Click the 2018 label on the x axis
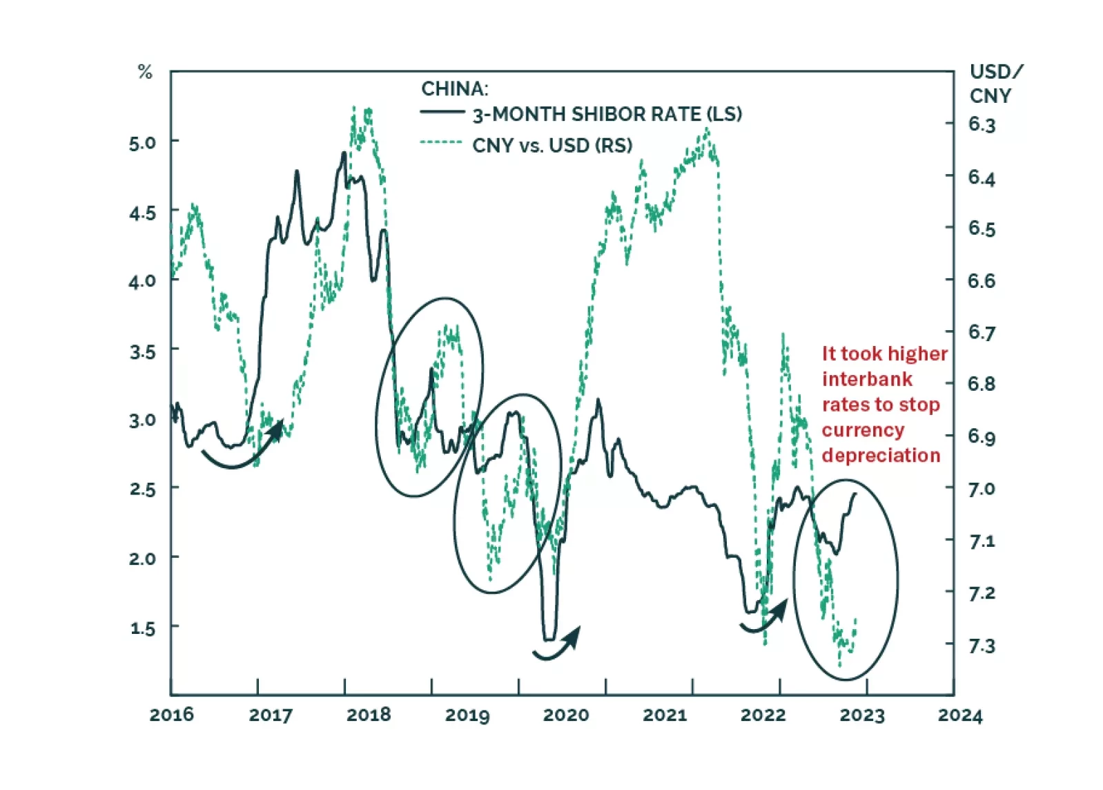click(x=369, y=715)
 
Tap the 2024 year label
click(x=959, y=715)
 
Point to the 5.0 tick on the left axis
click(x=142, y=143)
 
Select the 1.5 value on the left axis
click(x=142, y=628)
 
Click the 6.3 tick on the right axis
click(x=982, y=124)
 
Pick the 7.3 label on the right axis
click(x=982, y=646)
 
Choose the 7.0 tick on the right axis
click(x=982, y=489)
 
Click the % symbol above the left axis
click(x=145, y=72)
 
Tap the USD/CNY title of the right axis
click(x=995, y=84)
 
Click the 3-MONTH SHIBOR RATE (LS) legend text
click(x=607, y=114)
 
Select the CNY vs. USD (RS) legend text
click(x=552, y=146)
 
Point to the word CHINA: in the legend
click(x=454, y=89)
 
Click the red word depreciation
click(x=881, y=455)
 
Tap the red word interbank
click(x=867, y=379)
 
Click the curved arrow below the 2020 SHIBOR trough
click(x=558, y=646)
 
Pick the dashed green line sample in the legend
click(x=442, y=143)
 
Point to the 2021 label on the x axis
click(x=665, y=715)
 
